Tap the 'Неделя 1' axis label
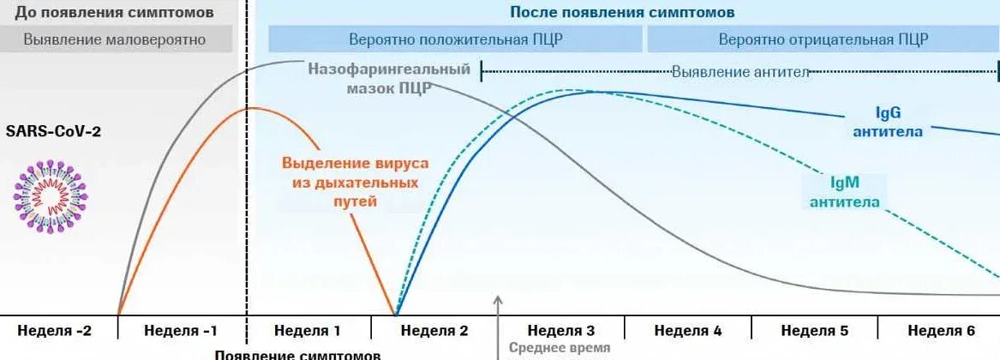[x=307, y=331]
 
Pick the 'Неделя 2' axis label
[x=434, y=331]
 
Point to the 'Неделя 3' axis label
[x=561, y=331]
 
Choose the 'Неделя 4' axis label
[x=688, y=331]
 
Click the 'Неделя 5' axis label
[x=815, y=331]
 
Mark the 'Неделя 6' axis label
[x=942, y=331]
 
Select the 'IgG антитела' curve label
[x=886, y=122]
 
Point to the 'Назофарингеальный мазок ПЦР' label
[x=390, y=78]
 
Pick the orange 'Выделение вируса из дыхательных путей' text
[x=355, y=182]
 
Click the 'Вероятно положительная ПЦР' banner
[x=455, y=39]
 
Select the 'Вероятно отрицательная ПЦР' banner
[x=823, y=39]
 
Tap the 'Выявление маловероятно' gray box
[x=115, y=39]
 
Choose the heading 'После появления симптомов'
[x=622, y=13]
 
